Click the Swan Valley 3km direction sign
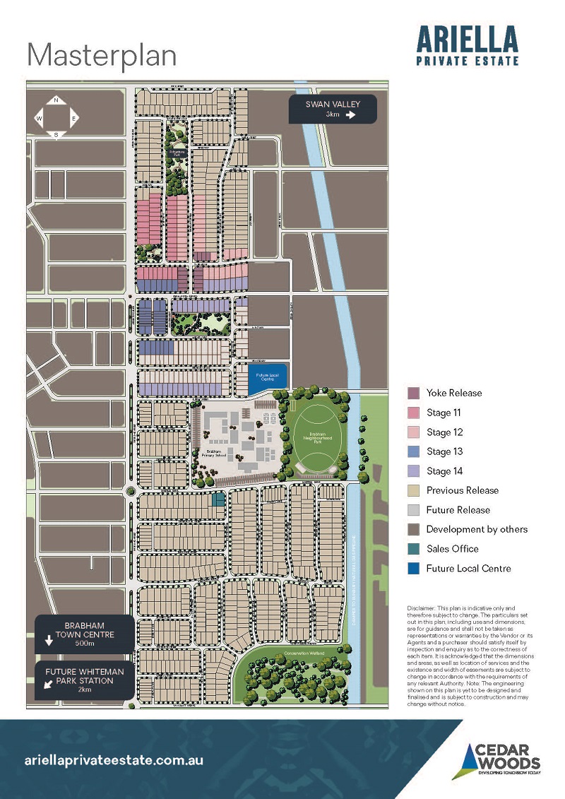click(x=333, y=110)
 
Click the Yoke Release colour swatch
click(x=414, y=393)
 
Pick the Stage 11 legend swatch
click(x=414, y=413)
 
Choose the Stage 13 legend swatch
click(x=414, y=451)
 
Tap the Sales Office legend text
click(x=452, y=549)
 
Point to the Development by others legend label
click(x=477, y=529)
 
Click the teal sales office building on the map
click(x=218, y=499)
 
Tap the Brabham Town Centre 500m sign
click(x=85, y=634)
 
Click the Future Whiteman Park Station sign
click(x=85, y=681)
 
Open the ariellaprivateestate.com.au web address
click(x=114, y=761)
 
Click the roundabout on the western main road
click(x=131, y=490)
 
